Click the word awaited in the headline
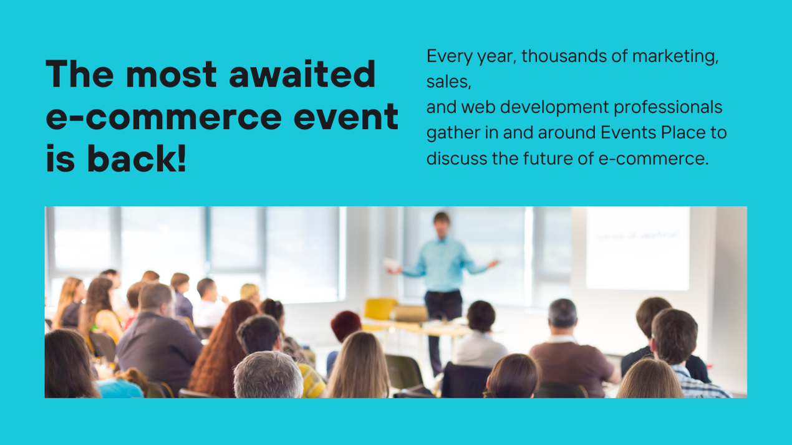(302, 74)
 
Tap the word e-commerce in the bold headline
(164, 117)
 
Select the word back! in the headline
(137, 158)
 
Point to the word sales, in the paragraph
(448, 82)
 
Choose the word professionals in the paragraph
(667, 108)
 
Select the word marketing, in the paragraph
(675, 57)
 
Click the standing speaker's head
(442, 224)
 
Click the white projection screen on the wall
(638, 248)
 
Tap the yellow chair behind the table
(380, 309)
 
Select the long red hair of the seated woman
(221, 350)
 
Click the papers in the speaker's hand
(390, 264)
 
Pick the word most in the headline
(171, 74)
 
